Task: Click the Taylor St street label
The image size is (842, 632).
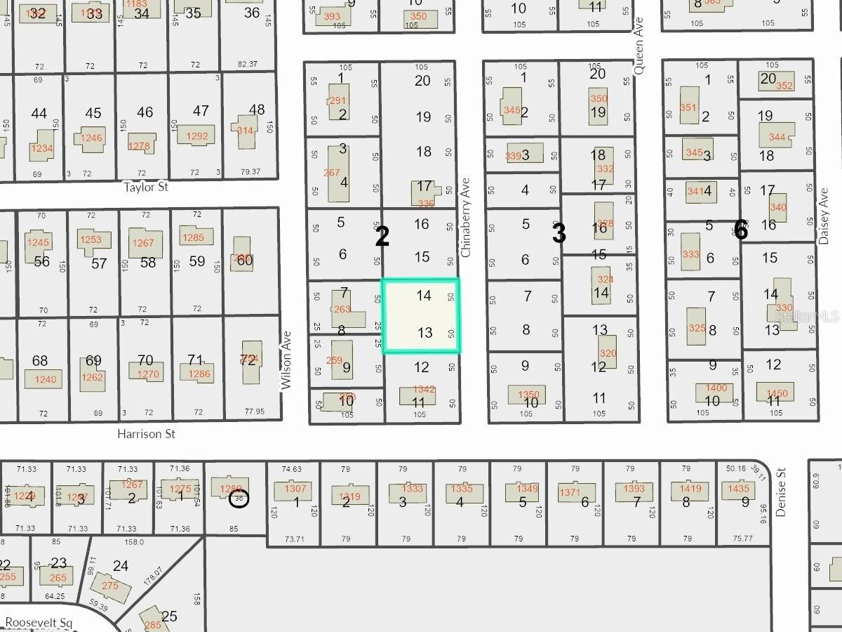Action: [x=146, y=187]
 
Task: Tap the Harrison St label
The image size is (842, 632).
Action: [x=146, y=434]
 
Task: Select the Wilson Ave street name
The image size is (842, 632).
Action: [x=286, y=366]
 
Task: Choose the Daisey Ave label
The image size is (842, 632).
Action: [x=824, y=216]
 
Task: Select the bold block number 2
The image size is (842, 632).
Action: [x=382, y=237]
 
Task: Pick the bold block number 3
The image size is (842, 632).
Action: [x=559, y=234]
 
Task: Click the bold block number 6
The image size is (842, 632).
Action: [x=740, y=230]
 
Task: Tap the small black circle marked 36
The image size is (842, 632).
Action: [x=239, y=499]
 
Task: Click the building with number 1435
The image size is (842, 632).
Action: [x=738, y=489]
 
